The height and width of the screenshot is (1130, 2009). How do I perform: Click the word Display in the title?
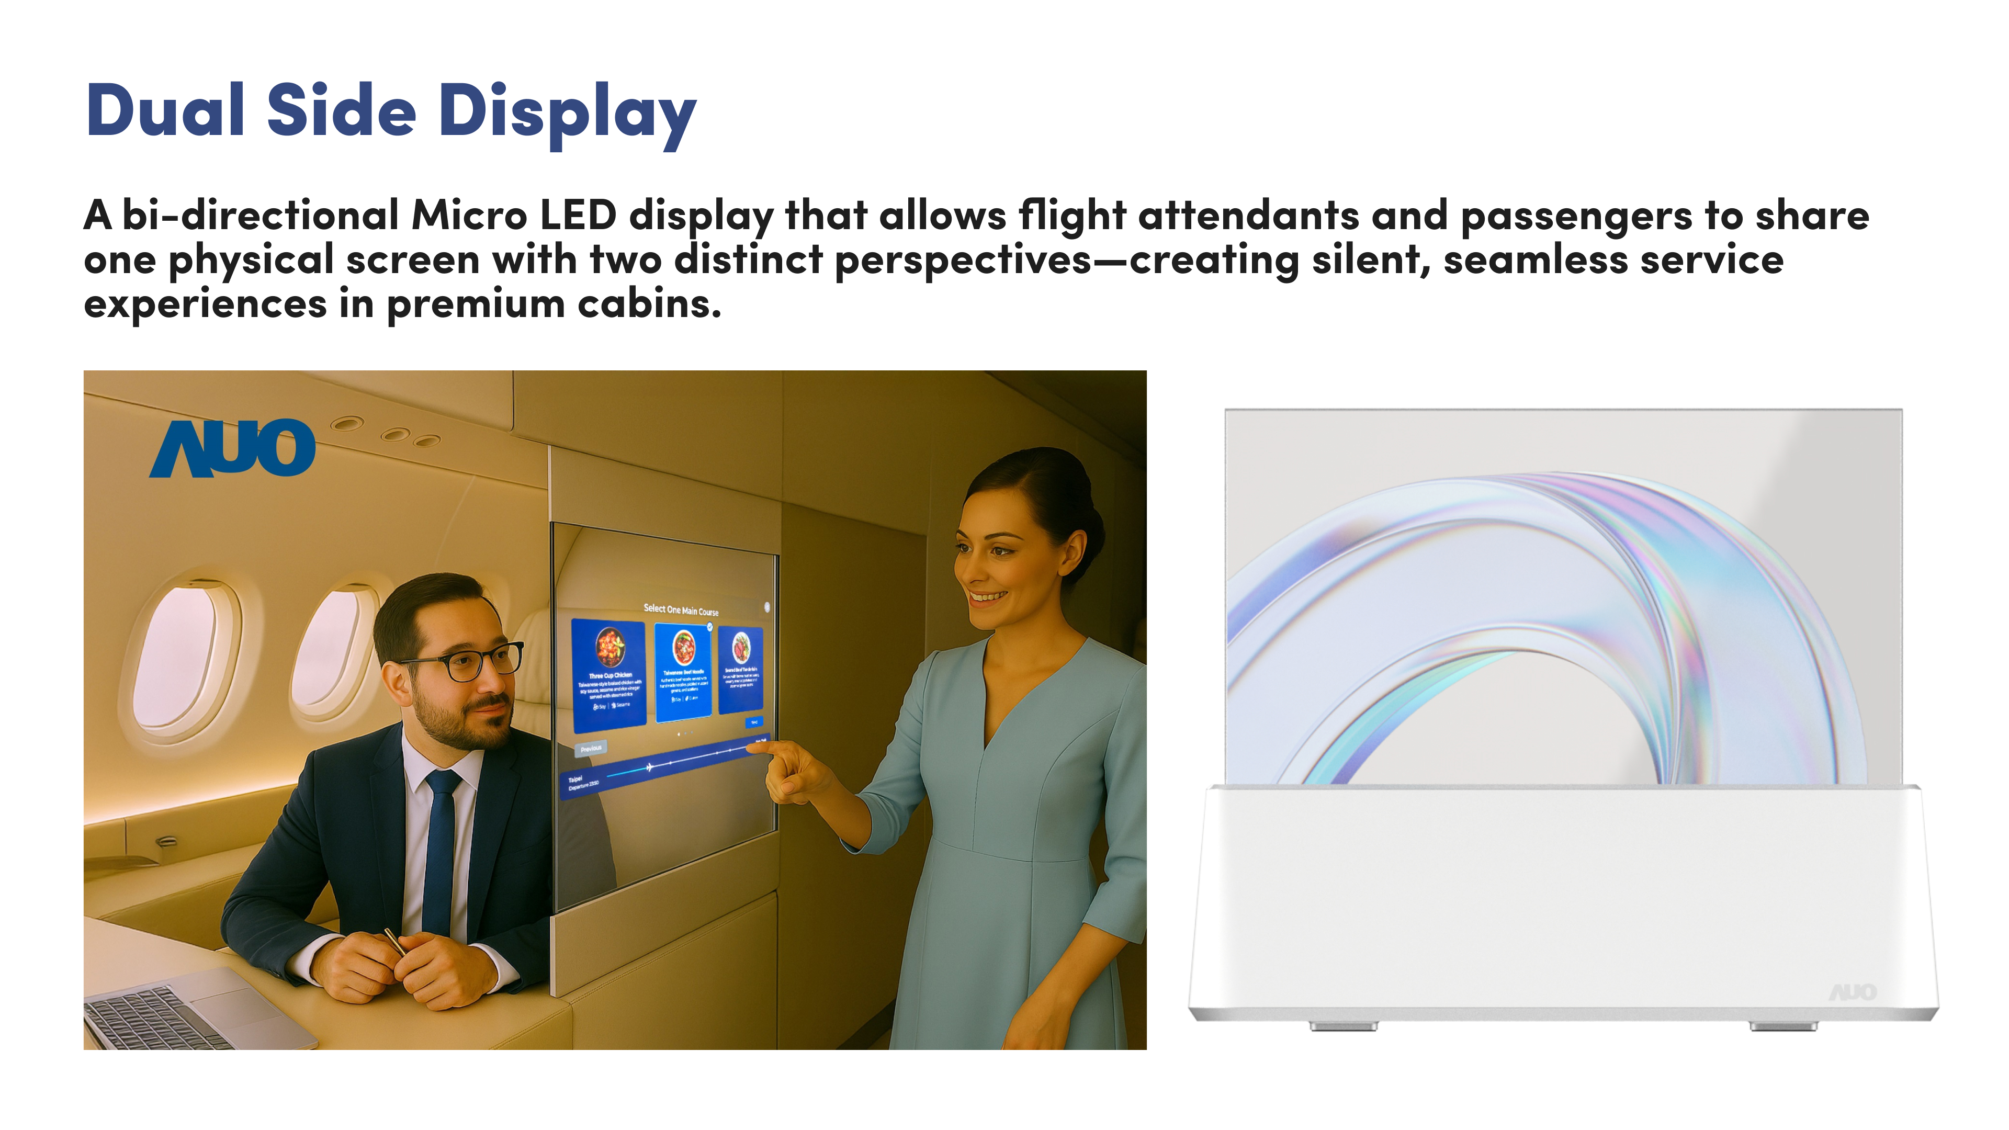click(x=567, y=113)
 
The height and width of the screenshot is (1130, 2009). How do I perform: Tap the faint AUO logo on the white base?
click(x=1852, y=992)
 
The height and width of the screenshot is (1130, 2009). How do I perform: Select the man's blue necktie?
click(x=441, y=850)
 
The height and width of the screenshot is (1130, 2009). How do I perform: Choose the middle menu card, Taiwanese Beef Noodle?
click(x=683, y=672)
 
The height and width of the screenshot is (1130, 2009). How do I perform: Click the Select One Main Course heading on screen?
click(x=681, y=610)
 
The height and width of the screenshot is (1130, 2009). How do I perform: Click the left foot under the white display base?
click(x=1343, y=1026)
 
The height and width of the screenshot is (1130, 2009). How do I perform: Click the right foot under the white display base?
click(x=1783, y=1026)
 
